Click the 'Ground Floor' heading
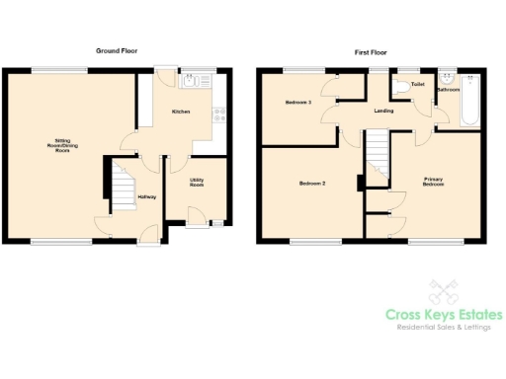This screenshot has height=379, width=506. [117, 50]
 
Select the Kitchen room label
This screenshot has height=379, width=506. [181, 112]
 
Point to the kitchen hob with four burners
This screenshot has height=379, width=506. [218, 113]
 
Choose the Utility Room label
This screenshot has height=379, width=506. [197, 183]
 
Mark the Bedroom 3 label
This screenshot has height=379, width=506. [298, 103]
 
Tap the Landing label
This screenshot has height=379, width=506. [385, 112]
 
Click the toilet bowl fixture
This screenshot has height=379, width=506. [400, 89]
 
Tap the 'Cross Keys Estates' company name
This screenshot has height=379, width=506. [443, 315]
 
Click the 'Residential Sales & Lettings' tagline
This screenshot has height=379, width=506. [443, 329]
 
